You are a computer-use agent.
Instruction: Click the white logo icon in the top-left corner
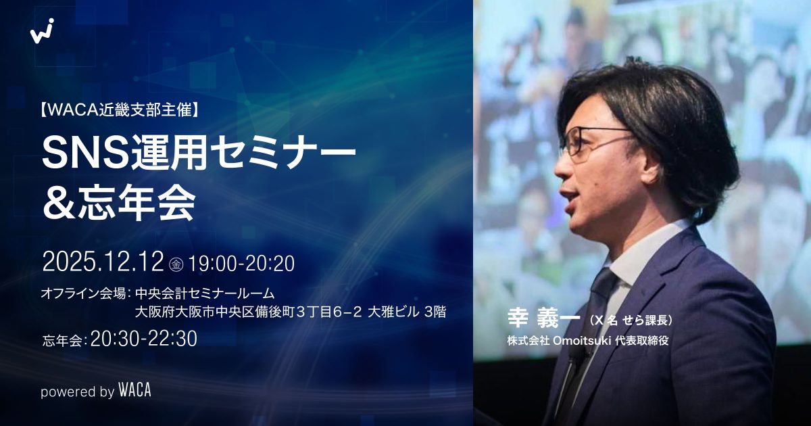point(42,31)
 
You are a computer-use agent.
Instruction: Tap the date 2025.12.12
point(103,262)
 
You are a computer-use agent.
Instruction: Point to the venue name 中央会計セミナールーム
point(205,293)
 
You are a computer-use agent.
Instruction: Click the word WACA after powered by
point(134,390)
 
